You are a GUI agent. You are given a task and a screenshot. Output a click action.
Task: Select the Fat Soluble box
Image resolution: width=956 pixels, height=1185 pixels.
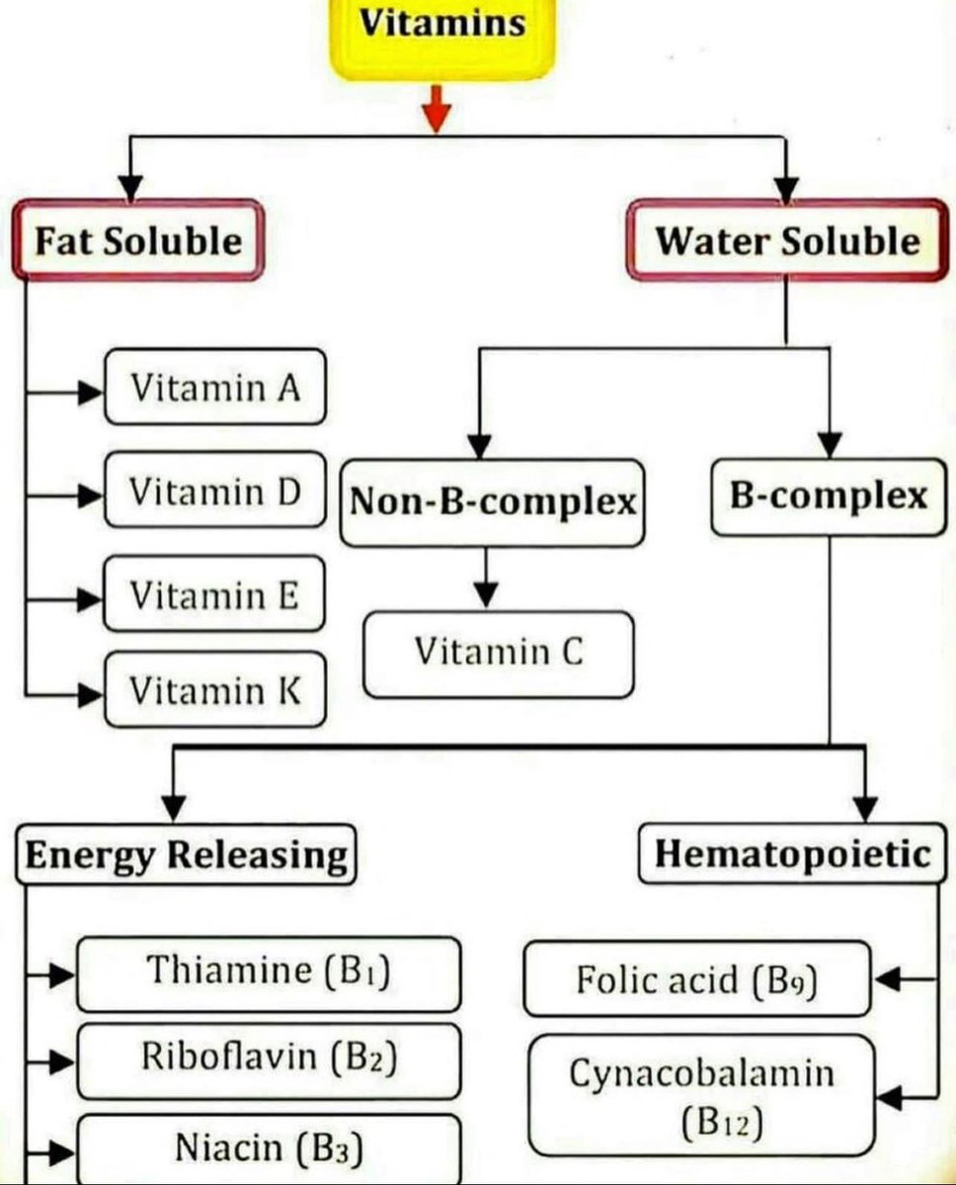(x=138, y=242)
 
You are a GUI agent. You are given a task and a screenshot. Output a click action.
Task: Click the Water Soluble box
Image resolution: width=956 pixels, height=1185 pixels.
(x=787, y=242)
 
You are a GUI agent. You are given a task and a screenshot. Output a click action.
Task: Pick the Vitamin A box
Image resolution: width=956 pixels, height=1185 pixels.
(x=214, y=387)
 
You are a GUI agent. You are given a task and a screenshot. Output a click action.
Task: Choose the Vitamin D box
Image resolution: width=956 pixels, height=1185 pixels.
(x=214, y=491)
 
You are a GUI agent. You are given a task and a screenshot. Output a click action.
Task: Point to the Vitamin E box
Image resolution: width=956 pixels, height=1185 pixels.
(x=214, y=595)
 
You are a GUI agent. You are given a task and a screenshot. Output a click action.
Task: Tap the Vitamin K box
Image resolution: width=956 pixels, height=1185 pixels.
(x=214, y=690)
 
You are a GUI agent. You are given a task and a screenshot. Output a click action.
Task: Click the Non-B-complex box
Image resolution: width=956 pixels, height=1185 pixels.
(x=492, y=503)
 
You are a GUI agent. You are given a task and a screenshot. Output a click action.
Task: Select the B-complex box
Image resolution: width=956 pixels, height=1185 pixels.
(x=828, y=497)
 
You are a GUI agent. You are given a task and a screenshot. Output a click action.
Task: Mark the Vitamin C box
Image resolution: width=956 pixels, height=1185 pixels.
(x=498, y=653)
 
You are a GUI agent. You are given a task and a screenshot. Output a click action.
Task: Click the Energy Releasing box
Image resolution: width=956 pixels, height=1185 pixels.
(x=186, y=854)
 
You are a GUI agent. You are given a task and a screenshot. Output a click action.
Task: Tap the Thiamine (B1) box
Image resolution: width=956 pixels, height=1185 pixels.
(x=269, y=973)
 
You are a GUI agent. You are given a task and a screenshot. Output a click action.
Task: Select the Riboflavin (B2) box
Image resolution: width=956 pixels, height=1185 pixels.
(x=269, y=1060)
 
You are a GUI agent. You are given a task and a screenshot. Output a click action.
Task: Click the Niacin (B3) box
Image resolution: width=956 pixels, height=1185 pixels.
(x=269, y=1147)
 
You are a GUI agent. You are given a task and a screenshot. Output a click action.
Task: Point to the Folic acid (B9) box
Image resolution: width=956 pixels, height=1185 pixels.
(x=697, y=980)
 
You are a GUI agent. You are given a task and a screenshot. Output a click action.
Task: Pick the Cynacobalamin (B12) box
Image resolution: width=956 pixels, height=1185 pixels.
(x=702, y=1095)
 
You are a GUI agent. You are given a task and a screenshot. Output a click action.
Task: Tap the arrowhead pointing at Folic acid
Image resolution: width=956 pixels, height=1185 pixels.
(x=887, y=980)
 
